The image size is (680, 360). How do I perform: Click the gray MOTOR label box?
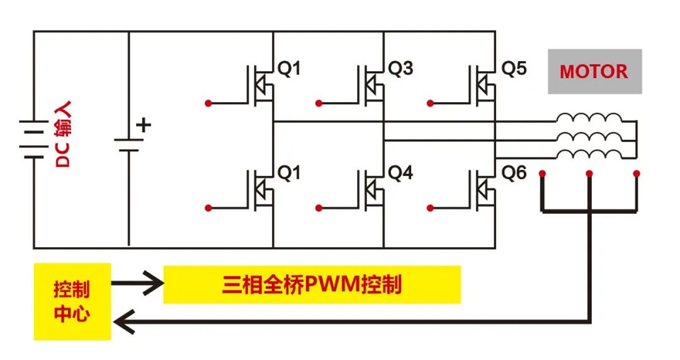point(593,72)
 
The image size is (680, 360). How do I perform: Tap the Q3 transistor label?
point(400,69)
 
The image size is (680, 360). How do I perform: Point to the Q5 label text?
point(514,69)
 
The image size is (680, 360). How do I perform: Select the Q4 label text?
point(400,172)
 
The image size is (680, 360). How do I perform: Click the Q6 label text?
point(514,172)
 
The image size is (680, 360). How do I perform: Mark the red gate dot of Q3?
point(320,103)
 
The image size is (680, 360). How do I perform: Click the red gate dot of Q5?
point(432,103)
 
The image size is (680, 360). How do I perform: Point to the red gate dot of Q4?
point(320,207)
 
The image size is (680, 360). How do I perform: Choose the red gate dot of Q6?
point(432,207)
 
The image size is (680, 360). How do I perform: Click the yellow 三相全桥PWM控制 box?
point(312,285)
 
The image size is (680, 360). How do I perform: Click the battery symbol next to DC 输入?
point(32,139)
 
